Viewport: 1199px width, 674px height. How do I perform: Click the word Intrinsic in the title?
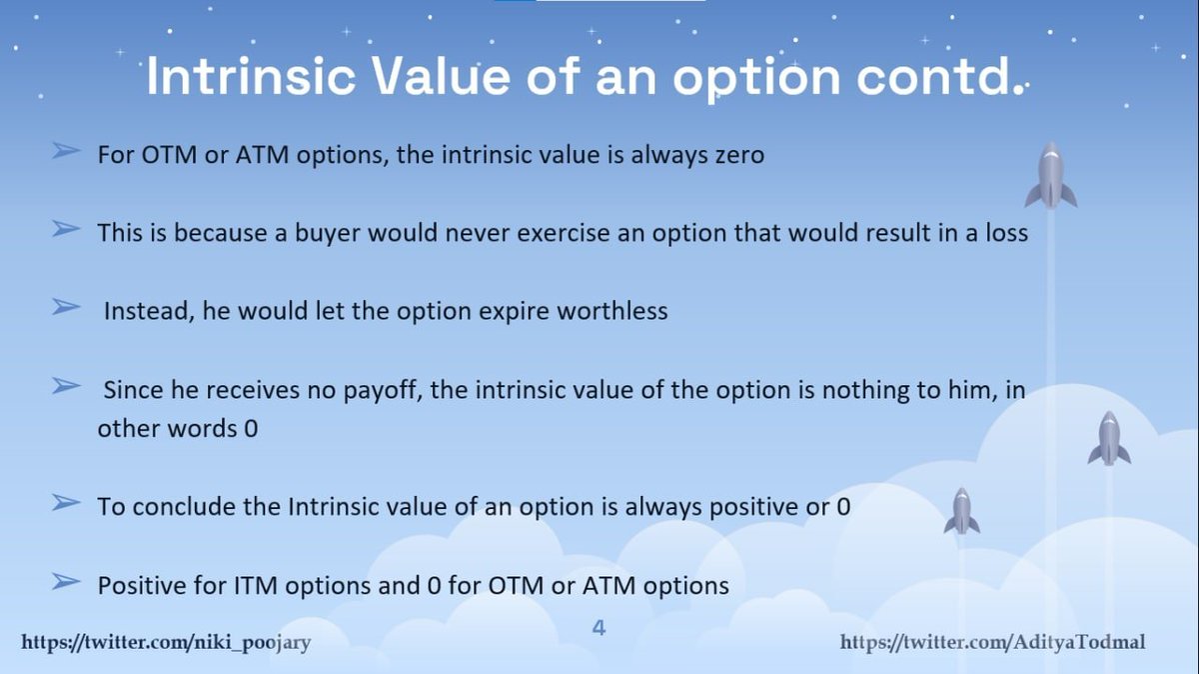pos(251,76)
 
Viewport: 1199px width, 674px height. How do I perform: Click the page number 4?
pos(599,627)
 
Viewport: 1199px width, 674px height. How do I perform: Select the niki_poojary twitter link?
pos(166,642)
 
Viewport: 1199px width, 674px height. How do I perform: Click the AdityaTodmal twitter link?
pos(992,642)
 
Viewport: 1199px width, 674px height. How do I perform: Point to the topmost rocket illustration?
pos(1051,175)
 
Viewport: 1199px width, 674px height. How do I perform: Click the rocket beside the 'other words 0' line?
pos(1109,438)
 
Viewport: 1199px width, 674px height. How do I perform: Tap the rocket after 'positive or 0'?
pos(962,511)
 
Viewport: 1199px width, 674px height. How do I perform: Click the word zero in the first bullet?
pos(739,155)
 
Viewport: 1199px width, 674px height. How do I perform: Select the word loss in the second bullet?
pos(1007,233)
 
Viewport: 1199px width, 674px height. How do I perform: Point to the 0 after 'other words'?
pos(251,429)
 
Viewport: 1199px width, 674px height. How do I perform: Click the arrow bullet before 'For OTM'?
pos(66,151)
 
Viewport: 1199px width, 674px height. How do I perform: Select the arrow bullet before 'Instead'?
pos(66,307)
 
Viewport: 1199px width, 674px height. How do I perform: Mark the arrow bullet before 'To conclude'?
pos(66,503)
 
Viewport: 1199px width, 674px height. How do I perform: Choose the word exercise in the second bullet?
pos(564,233)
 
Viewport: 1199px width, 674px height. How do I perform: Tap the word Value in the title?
pos(441,76)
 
